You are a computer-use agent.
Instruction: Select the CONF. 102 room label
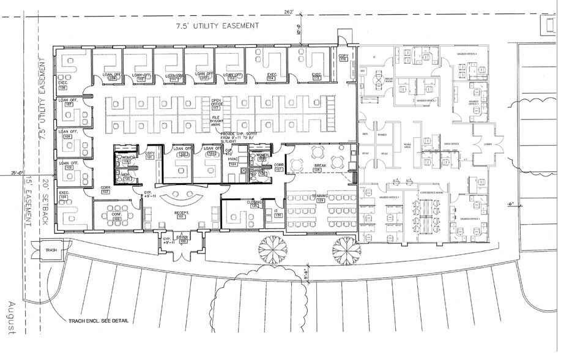click(116, 216)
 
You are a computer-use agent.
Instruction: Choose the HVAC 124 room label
click(232, 162)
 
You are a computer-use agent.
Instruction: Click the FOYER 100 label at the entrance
click(183, 238)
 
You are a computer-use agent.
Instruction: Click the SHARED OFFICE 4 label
click(467, 54)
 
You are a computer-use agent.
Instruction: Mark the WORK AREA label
click(407, 147)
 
